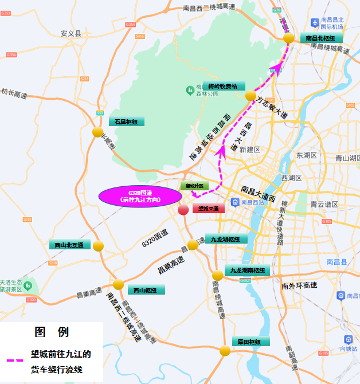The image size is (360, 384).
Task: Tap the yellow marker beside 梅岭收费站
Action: tap(250, 96)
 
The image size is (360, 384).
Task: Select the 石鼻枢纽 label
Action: tap(126, 122)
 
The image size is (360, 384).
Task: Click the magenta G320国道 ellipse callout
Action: tap(140, 196)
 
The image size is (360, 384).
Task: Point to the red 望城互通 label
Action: tap(208, 209)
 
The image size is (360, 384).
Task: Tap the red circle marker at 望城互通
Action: tap(183, 209)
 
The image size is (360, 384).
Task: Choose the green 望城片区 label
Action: tap(192, 186)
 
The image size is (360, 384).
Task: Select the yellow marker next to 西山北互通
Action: tap(98, 246)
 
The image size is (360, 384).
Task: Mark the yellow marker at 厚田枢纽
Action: tap(225, 351)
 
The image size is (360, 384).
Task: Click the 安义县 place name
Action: tap(71, 34)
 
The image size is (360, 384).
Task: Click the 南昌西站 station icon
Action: tap(235, 202)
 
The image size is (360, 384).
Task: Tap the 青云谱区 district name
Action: tap(325, 203)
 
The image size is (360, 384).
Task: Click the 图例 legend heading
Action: tap(52, 332)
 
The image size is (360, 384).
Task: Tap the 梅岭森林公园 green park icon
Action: tap(190, 89)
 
